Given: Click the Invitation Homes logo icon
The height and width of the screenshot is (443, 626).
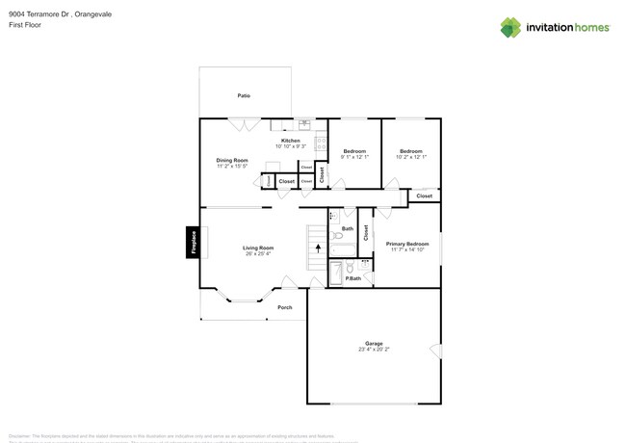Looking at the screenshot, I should pos(510,28).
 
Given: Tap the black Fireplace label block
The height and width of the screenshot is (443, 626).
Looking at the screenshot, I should pos(193,242).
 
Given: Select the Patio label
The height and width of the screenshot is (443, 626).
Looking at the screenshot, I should pos(245,95).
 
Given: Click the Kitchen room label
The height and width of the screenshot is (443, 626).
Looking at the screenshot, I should pos(290,141).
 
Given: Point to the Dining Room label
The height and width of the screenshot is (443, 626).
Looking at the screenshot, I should pos(232,160).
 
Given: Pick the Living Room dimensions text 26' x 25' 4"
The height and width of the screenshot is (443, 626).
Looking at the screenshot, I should pos(257,254).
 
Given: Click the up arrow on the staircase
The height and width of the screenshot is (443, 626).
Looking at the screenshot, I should pos(318,248).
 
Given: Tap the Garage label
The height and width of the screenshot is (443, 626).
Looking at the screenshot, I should pos(374,343).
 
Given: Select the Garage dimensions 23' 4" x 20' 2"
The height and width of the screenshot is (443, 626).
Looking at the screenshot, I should pos(374,350).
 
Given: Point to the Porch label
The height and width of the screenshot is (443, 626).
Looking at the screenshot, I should pos(284,307).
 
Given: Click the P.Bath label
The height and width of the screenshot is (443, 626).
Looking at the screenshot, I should pos(352,278).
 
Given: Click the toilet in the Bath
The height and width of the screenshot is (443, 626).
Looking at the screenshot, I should pos(337,235).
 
